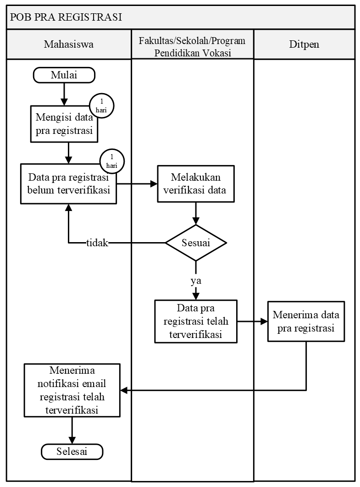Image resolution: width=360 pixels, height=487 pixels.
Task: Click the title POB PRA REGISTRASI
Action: tap(66, 18)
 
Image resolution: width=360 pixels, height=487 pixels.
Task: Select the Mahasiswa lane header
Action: tap(69, 44)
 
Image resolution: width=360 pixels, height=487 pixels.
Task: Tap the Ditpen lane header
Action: tap(304, 44)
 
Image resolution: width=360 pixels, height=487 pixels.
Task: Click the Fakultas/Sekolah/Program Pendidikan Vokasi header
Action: tap(192, 46)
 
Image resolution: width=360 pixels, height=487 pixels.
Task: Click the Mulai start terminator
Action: tap(64, 75)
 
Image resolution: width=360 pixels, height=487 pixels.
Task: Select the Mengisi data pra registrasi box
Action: tap(64, 124)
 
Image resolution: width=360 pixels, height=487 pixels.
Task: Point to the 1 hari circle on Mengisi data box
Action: tap(101, 106)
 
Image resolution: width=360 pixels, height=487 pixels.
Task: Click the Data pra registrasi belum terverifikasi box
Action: tap(68, 184)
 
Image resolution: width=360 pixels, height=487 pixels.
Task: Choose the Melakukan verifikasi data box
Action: tap(196, 184)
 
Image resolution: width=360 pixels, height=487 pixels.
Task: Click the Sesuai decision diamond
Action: tap(196, 243)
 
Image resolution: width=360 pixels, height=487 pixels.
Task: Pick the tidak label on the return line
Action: tap(97, 243)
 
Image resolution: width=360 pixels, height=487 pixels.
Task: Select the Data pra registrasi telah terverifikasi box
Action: tap(196, 321)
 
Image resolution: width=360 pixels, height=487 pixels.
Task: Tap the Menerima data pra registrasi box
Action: tap(306, 321)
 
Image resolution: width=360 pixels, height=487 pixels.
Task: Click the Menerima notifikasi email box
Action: tap(72, 390)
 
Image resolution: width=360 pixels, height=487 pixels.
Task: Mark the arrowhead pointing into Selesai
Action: tap(72, 440)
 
